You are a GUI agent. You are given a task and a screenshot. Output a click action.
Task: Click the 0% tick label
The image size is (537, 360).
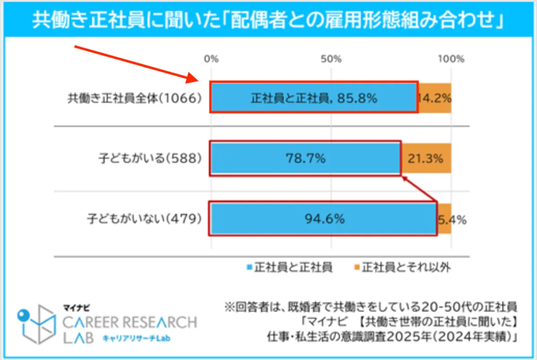pos(211,59)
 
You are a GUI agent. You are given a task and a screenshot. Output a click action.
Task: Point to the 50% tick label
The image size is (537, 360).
pos(331,59)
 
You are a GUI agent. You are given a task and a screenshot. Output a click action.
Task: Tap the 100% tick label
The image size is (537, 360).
pos(451,59)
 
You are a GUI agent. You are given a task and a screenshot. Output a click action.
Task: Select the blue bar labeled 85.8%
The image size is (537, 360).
pos(313,97)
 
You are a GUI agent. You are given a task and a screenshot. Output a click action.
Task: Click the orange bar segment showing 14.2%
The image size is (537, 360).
pos(435,97)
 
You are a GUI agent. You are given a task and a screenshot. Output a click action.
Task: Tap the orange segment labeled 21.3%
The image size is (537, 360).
pos(426,158)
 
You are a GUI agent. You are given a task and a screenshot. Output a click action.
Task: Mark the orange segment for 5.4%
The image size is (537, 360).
pos(444,219)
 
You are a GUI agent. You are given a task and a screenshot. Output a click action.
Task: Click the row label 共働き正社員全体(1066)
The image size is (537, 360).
pos(132,98)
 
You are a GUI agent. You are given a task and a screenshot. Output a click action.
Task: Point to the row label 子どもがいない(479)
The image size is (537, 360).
pos(144,219)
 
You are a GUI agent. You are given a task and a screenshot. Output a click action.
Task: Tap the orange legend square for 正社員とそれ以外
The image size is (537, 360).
pos(357,268)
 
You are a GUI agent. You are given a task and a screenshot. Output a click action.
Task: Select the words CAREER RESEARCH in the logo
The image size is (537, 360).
pos(130,322)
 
